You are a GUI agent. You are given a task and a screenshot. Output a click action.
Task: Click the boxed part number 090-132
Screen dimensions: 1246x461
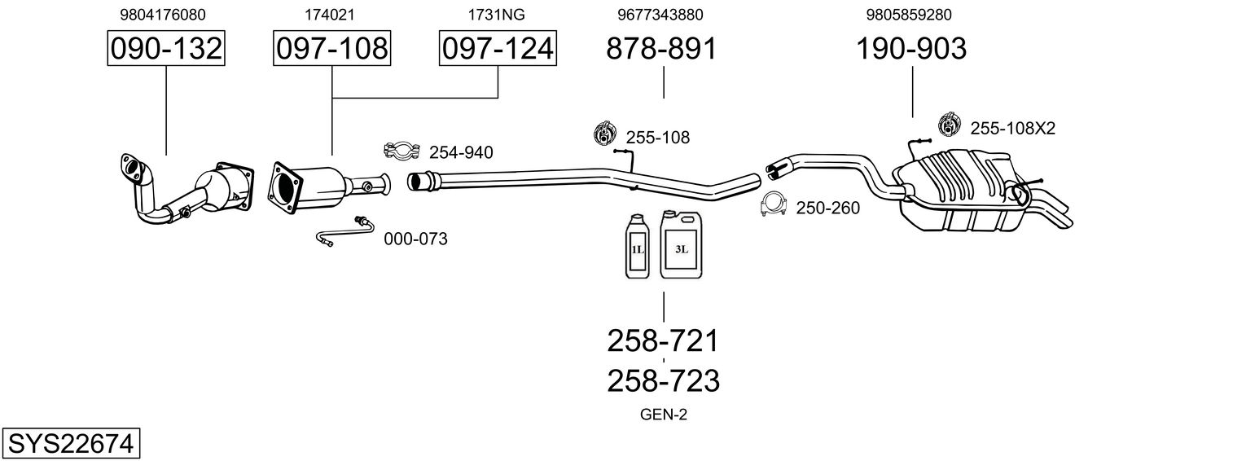pos(166,48)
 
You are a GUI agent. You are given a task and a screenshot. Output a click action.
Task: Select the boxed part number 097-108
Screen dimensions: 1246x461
pos(331,48)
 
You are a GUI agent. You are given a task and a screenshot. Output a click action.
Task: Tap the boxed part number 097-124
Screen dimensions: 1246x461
pos(498,48)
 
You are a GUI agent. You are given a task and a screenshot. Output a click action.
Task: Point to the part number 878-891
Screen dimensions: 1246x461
pos(661,48)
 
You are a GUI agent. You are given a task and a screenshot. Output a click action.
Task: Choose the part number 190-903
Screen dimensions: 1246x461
pos(911,48)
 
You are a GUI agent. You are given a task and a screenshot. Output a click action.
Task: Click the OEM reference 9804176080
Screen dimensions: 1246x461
pos(163,15)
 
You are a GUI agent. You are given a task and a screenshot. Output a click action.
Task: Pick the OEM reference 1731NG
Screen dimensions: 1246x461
pos(496,15)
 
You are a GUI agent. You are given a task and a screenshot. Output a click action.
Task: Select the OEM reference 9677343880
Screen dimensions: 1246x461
pos(660,15)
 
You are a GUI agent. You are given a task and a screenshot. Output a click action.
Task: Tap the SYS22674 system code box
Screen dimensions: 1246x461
pos(71,444)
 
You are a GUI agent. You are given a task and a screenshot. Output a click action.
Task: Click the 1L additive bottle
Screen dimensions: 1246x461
pos(638,246)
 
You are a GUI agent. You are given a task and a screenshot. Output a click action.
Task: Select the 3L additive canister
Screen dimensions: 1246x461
pos(681,244)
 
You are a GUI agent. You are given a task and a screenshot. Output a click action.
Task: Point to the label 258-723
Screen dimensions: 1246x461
pos(663,381)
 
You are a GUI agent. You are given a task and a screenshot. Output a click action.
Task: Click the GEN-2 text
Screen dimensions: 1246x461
pos(664,415)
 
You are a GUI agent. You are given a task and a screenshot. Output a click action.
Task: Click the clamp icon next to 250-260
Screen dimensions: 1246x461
pos(774,204)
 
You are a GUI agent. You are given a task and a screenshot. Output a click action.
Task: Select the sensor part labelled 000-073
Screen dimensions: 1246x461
pos(345,230)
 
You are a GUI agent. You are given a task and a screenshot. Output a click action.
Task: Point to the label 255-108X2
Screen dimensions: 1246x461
pos(1012,129)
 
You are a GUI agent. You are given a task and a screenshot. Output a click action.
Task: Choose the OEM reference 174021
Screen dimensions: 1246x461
pos(329,15)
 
